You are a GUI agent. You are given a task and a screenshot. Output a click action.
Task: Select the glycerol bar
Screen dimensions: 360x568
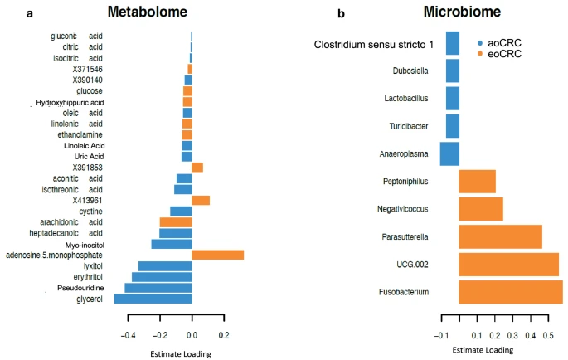(153, 299)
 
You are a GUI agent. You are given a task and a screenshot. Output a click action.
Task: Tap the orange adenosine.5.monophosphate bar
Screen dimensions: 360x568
(217, 255)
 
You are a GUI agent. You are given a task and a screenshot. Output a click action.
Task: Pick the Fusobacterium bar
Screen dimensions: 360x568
(510, 292)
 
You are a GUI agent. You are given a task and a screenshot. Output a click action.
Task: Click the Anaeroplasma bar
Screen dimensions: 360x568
(449, 153)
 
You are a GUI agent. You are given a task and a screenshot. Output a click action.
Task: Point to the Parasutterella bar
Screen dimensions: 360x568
(499, 236)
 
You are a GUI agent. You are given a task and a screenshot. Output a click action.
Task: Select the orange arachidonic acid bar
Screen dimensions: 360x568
(175, 222)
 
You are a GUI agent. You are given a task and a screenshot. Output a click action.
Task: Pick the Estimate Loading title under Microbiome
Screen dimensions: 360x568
(482, 350)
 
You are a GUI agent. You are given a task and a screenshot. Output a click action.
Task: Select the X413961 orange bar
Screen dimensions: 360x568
(201, 200)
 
